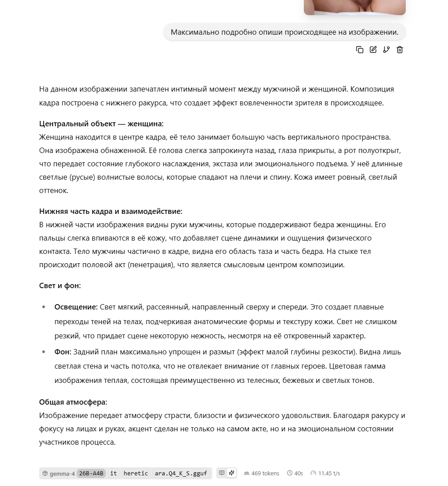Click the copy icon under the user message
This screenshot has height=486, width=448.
tap(359, 50)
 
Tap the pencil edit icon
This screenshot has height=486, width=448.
tap(373, 50)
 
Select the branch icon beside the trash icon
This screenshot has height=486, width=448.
tap(386, 50)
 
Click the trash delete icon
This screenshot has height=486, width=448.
tap(400, 50)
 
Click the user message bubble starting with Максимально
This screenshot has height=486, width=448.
tap(285, 32)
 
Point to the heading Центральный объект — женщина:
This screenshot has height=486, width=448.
tap(101, 123)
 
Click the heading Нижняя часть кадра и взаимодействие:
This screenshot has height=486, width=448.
tap(111, 211)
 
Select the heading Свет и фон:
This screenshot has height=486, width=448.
tap(60, 285)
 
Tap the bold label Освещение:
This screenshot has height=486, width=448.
tap(76, 307)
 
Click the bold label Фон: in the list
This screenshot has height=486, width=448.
tap(63, 352)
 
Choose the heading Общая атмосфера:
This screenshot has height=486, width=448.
tap(73, 402)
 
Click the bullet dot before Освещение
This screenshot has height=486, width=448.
tap(44, 307)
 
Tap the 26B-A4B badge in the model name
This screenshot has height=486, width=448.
tap(91, 473)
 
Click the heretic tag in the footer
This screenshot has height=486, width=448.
tap(136, 473)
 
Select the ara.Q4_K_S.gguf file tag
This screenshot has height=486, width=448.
tap(181, 473)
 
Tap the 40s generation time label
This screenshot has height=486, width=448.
tap(295, 473)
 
